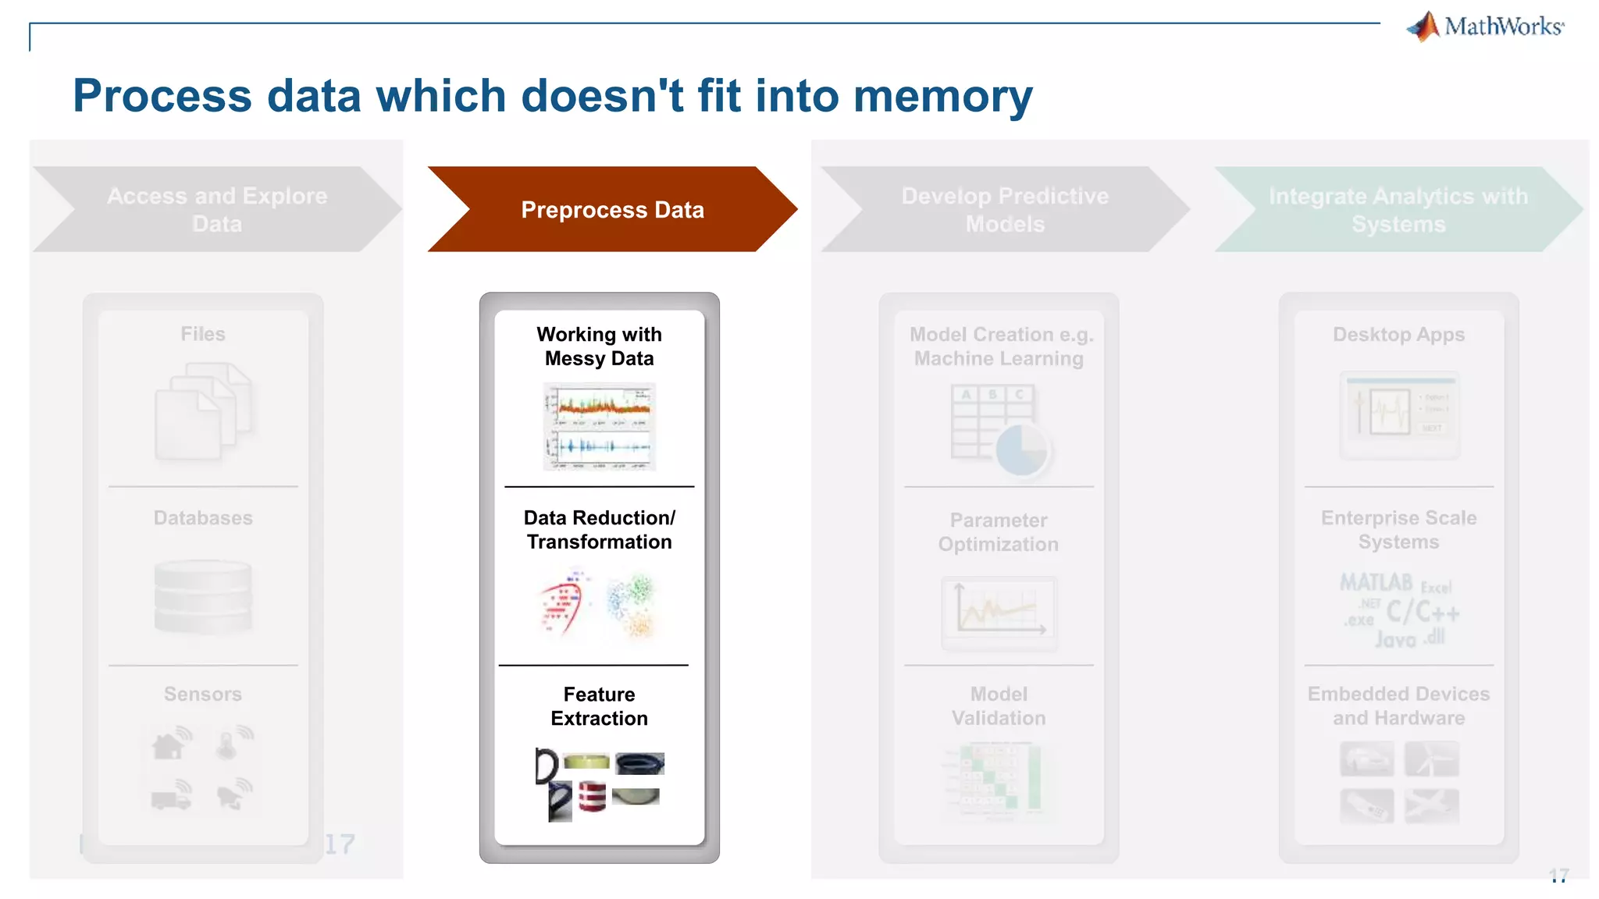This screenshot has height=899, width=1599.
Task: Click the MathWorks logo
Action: click(x=1485, y=27)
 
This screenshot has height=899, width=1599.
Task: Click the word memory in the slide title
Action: click(x=942, y=97)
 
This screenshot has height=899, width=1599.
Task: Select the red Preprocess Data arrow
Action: click(x=612, y=209)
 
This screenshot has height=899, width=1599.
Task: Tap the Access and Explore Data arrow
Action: click(x=217, y=209)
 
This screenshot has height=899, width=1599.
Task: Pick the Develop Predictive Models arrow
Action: click(x=1005, y=209)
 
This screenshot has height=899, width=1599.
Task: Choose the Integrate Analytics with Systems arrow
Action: click(x=1398, y=209)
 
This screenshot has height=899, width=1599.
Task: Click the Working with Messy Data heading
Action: click(x=599, y=346)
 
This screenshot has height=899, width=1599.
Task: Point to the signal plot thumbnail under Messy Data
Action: click(x=599, y=426)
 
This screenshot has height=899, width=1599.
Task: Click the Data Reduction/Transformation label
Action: click(x=599, y=530)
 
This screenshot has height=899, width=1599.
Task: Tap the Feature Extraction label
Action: click(x=599, y=706)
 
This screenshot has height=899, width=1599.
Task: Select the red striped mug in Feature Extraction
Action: click(x=593, y=797)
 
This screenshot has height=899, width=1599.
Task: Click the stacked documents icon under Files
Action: click(x=203, y=411)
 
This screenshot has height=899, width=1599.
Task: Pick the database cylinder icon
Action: click(x=203, y=596)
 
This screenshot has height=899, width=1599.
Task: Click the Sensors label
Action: click(x=203, y=694)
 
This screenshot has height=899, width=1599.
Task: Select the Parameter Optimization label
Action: click(x=999, y=532)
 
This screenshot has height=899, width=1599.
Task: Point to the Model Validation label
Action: click(x=999, y=706)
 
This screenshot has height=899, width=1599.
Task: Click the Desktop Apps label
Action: click(x=1398, y=335)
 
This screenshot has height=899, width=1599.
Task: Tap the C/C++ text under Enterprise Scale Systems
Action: click(x=1422, y=612)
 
